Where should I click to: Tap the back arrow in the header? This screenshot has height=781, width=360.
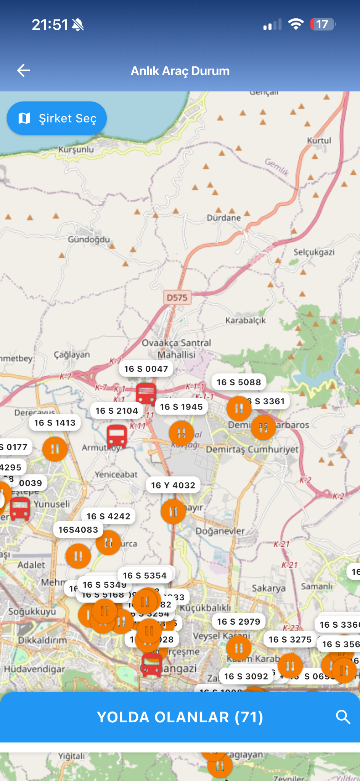(24, 71)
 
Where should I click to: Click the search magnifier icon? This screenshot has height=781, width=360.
(343, 717)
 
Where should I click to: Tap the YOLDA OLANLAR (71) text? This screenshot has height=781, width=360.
(180, 717)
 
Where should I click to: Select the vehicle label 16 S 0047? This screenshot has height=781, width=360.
(146, 369)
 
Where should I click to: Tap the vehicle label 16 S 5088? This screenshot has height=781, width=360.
(239, 382)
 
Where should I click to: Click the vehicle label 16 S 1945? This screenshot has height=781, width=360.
(181, 407)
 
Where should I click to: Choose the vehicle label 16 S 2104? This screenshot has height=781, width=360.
(117, 411)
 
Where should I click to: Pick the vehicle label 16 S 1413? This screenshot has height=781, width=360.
(55, 423)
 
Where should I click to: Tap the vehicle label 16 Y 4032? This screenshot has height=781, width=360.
(173, 485)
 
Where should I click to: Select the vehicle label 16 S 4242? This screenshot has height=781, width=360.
(108, 516)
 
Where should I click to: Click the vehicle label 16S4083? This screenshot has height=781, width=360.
(78, 530)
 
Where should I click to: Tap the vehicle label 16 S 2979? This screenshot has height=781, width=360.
(238, 622)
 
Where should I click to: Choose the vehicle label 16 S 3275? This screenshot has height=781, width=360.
(290, 640)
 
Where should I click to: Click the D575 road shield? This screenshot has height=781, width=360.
(177, 297)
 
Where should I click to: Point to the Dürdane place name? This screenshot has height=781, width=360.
(224, 218)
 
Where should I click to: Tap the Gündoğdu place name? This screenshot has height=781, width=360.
(89, 239)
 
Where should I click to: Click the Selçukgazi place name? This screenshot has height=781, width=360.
(314, 252)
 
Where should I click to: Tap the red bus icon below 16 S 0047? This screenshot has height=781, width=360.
(146, 394)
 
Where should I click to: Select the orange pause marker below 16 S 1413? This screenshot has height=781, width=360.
(55, 449)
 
